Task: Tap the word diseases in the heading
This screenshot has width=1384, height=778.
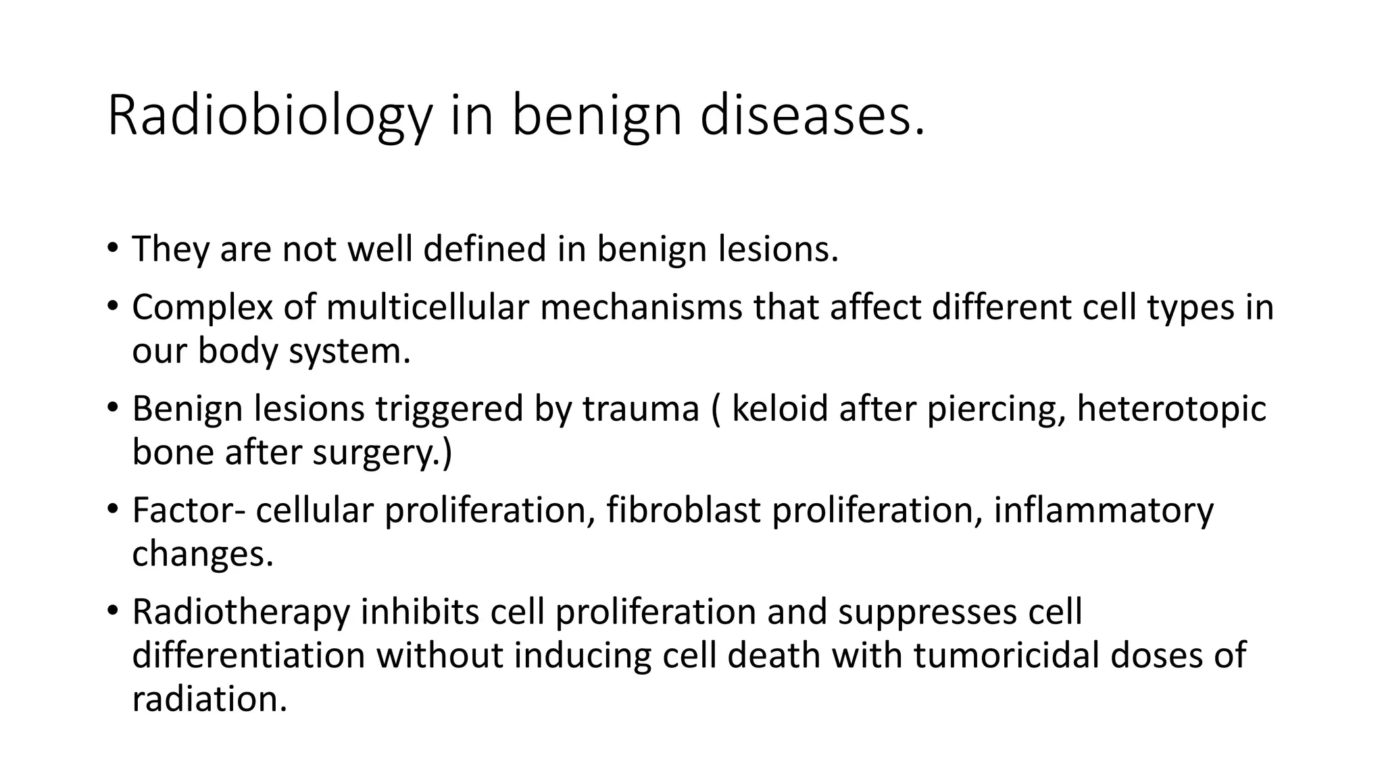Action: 811,116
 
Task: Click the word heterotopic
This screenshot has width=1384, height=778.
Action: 1171,409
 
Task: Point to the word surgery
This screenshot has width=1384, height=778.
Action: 375,453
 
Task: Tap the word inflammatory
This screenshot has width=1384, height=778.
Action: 1104,511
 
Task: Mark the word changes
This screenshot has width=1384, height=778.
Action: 202,554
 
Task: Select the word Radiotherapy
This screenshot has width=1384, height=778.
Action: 241,612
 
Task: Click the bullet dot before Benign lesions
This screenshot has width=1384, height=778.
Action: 112,408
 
